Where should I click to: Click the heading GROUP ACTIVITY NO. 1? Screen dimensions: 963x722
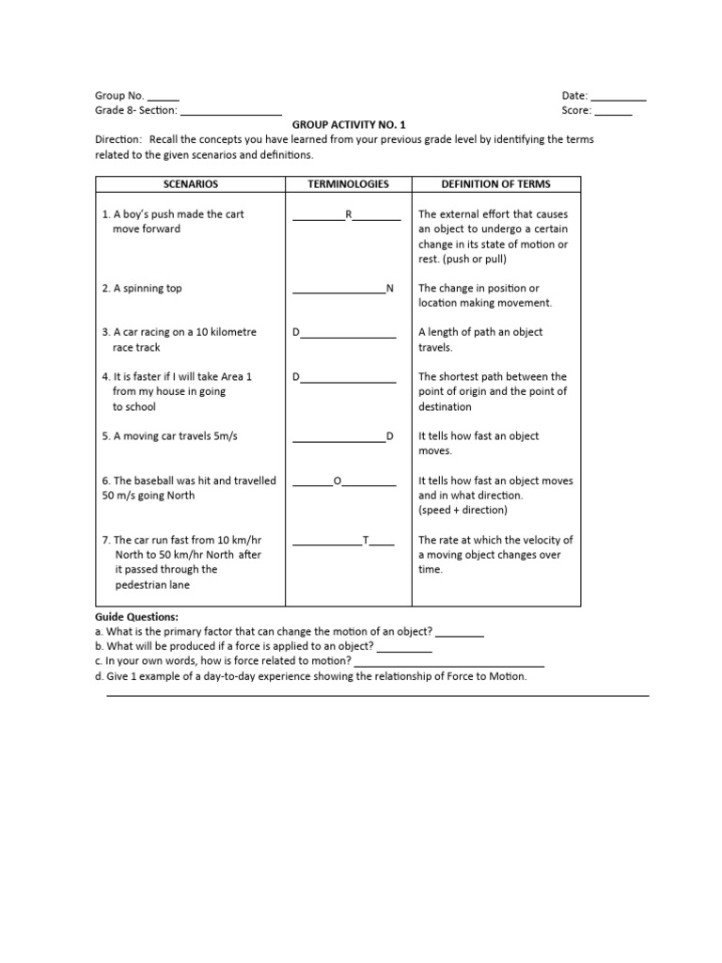point(349,124)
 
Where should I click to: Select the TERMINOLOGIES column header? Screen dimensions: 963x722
point(348,184)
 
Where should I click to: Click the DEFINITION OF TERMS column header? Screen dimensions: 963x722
point(496,184)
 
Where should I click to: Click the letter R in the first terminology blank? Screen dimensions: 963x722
point(348,214)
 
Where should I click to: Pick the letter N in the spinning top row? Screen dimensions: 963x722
point(390,289)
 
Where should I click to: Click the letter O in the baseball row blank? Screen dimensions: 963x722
point(337,481)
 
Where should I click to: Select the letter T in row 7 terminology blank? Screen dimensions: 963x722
point(366,541)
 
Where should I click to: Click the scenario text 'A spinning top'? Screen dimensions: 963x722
point(147,289)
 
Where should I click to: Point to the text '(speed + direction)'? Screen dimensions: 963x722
point(463,511)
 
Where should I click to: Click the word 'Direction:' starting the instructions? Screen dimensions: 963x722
point(118,139)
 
